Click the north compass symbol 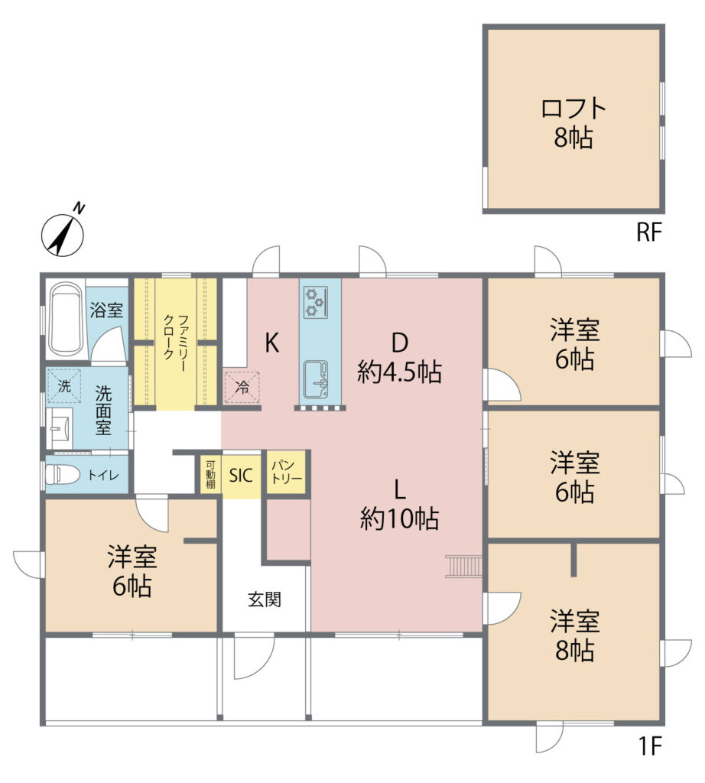pyautogui.click(x=63, y=232)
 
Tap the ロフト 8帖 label pyautogui.click(x=573, y=123)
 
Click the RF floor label pyautogui.click(x=649, y=232)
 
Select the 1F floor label pyautogui.click(x=650, y=747)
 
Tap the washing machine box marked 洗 pyautogui.click(x=64, y=385)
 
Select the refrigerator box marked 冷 pyautogui.click(x=242, y=386)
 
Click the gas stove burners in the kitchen pyautogui.click(x=316, y=303)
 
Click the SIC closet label pyautogui.click(x=241, y=476)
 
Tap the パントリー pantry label pyautogui.click(x=287, y=472)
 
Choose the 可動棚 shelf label pyautogui.click(x=210, y=474)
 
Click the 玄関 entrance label pyautogui.click(x=265, y=599)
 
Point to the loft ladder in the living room pyautogui.click(x=464, y=566)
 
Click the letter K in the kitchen pyautogui.click(x=271, y=343)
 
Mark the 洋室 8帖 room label pyautogui.click(x=575, y=635)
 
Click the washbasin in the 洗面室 pyautogui.click(x=60, y=428)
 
